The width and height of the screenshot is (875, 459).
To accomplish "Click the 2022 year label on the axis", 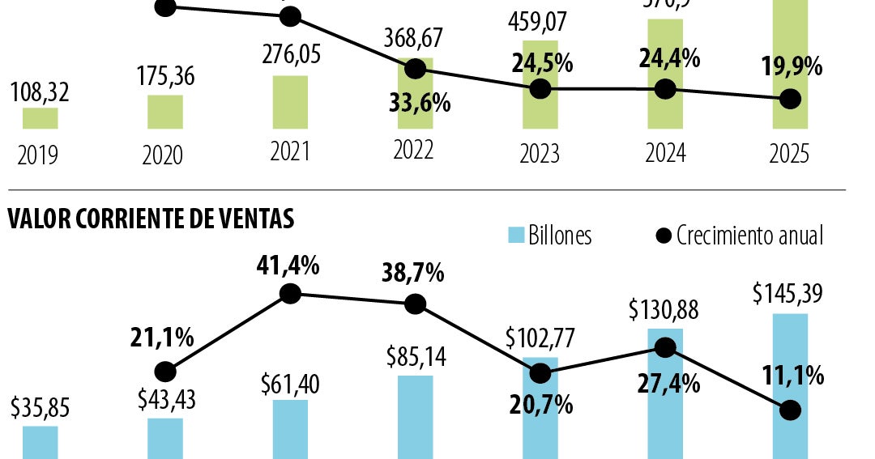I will (x=414, y=151).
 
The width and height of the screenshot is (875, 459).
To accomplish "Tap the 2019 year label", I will (x=38, y=154).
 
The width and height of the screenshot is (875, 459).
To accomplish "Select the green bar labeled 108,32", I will (x=40, y=118).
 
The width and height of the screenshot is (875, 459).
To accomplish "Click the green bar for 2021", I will (x=290, y=102).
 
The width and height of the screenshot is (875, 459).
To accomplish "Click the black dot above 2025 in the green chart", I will (x=790, y=99).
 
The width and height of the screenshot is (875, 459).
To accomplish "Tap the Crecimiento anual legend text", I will (x=749, y=236).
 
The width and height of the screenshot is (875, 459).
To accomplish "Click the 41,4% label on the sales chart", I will (x=289, y=265).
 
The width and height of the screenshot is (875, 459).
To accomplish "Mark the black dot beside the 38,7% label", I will (x=415, y=304).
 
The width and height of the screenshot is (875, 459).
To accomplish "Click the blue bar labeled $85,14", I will (x=416, y=417).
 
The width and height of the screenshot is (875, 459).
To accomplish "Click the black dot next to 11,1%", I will (x=790, y=410).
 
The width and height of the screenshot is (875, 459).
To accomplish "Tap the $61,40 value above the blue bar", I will (x=290, y=382).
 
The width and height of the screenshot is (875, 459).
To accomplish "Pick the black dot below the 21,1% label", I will (x=165, y=372).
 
